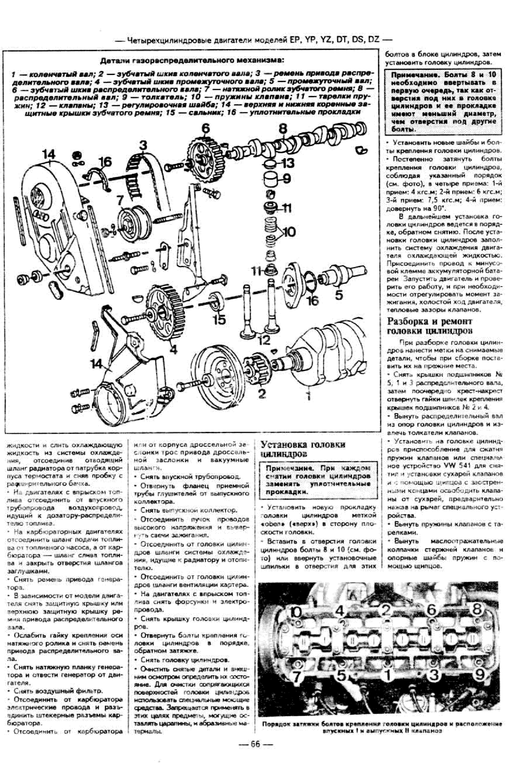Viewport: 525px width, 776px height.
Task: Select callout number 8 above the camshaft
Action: [x=283, y=129]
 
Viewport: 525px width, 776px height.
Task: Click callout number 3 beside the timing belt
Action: [x=143, y=146]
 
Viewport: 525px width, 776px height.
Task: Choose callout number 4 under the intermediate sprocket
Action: [x=174, y=349]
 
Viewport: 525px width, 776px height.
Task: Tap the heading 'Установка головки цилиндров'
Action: [x=303, y=449]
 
